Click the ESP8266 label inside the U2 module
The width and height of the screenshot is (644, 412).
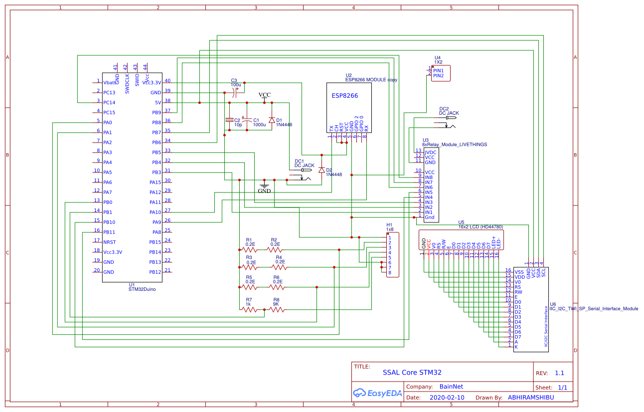(344, 96)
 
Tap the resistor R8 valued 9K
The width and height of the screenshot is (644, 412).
(277, 309)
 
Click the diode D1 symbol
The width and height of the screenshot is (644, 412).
(272, 120)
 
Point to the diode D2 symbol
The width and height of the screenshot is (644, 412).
(322, 170)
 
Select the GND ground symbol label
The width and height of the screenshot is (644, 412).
(264, 191)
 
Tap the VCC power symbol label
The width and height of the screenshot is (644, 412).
(264, 95)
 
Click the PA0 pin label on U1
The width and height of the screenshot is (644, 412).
(108, 123)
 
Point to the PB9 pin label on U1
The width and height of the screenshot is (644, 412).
(157, 113)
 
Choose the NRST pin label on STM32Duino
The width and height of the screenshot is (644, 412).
(109, 242)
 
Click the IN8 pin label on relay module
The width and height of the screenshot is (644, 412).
(429, 178)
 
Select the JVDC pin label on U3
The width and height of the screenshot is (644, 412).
(430, 152)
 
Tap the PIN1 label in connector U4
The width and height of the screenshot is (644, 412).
(438, 71)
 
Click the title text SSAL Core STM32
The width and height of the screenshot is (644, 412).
(412, 372)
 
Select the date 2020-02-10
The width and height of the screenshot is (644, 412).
(447, 398)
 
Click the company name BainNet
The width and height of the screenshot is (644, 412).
(451, 387)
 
